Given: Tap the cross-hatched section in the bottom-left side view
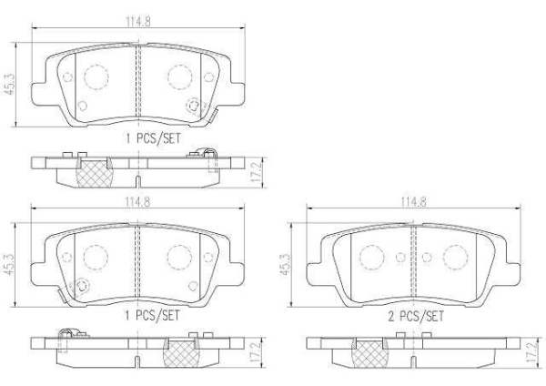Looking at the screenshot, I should pyautogui.click(x=178, y=351).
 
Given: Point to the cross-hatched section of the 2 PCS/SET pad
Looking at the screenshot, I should pyautogui.click(x=366, y=351).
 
